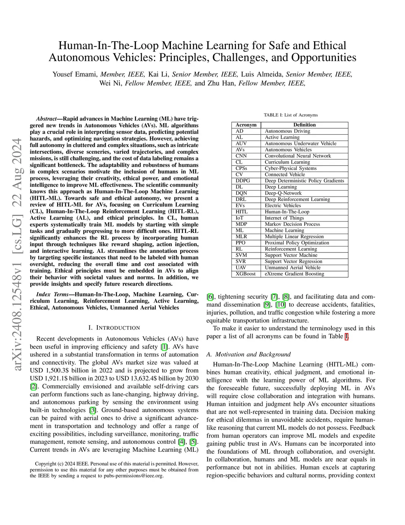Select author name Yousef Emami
click(75, 74)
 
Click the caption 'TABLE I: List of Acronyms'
click(291, 115)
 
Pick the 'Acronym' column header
click(246, 125)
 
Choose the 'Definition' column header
click(305, 125)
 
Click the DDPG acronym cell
click(242, 181)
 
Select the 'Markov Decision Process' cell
click(292, 224)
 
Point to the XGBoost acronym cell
click(246, 274)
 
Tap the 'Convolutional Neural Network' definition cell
click(298, 156)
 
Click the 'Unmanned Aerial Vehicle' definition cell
click(293, 267)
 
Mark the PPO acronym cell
click(240, 243)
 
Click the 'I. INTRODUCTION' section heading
click(114, 328)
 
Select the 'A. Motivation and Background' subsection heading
click(248, 354)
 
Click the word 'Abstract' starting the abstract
click(46, 119)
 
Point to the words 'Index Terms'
click(52, 294)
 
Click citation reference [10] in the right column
click(280, 305)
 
